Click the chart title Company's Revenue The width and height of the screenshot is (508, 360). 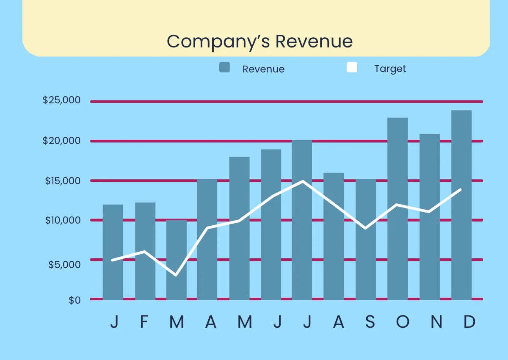260,42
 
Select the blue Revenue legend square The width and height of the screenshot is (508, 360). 224,67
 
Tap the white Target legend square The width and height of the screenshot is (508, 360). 352,67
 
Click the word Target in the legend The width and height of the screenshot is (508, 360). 390,69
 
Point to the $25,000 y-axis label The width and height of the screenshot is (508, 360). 61,100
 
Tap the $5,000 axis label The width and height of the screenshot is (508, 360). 64,264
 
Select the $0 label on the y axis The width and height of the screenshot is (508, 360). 75,300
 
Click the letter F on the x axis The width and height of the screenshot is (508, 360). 144,322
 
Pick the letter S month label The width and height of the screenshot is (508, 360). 370,322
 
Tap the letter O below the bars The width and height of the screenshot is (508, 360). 403,322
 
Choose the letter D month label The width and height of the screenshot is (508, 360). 469,322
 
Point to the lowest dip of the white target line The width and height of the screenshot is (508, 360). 176,275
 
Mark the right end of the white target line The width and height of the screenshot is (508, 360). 460,190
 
